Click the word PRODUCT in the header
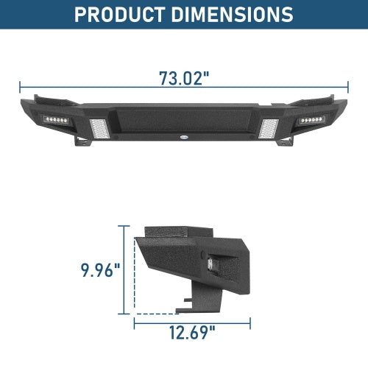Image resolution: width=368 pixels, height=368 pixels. click(123, 14)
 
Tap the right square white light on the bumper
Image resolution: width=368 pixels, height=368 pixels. click(270, 128)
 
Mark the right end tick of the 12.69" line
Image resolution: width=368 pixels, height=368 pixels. click(250, 322)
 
